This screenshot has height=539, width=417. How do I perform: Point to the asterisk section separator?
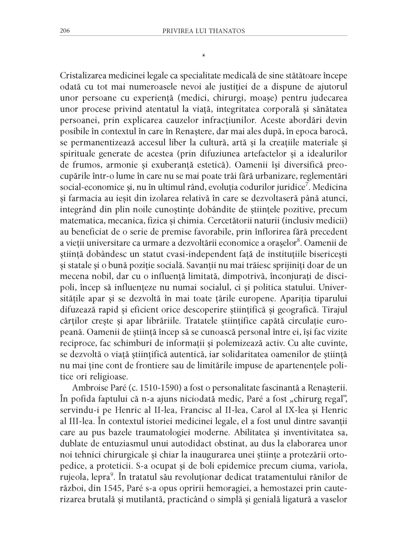pyautogui.click(x=204, y=56)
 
